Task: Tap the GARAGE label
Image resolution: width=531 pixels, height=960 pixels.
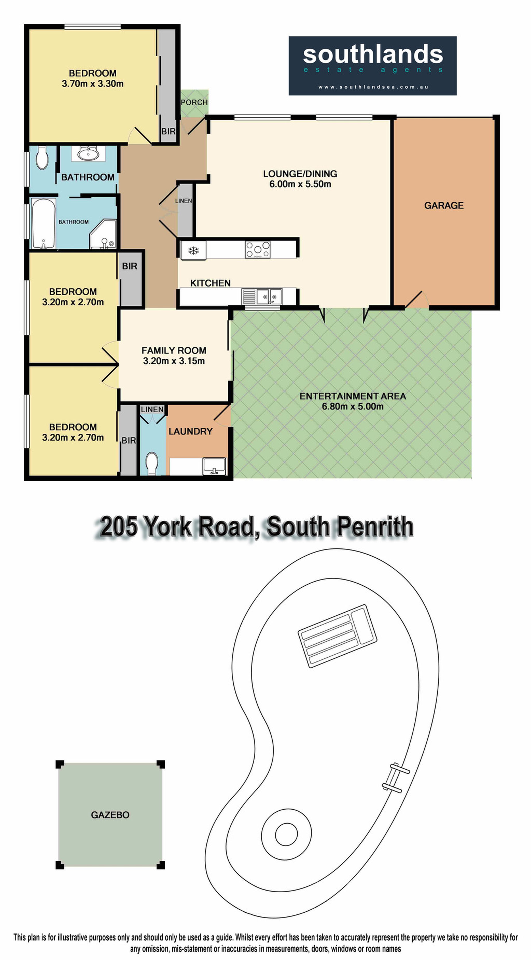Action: [x=444, y=205]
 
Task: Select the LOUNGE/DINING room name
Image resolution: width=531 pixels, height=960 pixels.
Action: [x=300, y=174]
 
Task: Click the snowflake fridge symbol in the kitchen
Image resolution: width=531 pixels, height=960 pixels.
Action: [x=193, y=250]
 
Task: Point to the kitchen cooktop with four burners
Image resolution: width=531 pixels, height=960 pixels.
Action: [x=257, y=249]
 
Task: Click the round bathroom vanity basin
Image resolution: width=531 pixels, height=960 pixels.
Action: [x=88, y=153]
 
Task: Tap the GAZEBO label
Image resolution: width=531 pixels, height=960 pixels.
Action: [x=110, y=815]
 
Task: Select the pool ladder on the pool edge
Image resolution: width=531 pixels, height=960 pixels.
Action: [x=396, y=777]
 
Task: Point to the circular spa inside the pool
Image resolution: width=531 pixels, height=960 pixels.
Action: [x=286, y=834]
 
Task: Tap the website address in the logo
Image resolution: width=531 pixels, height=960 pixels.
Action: [x=373, y=87]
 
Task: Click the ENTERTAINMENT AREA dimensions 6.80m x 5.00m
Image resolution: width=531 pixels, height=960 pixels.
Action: [x=353, y=407]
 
